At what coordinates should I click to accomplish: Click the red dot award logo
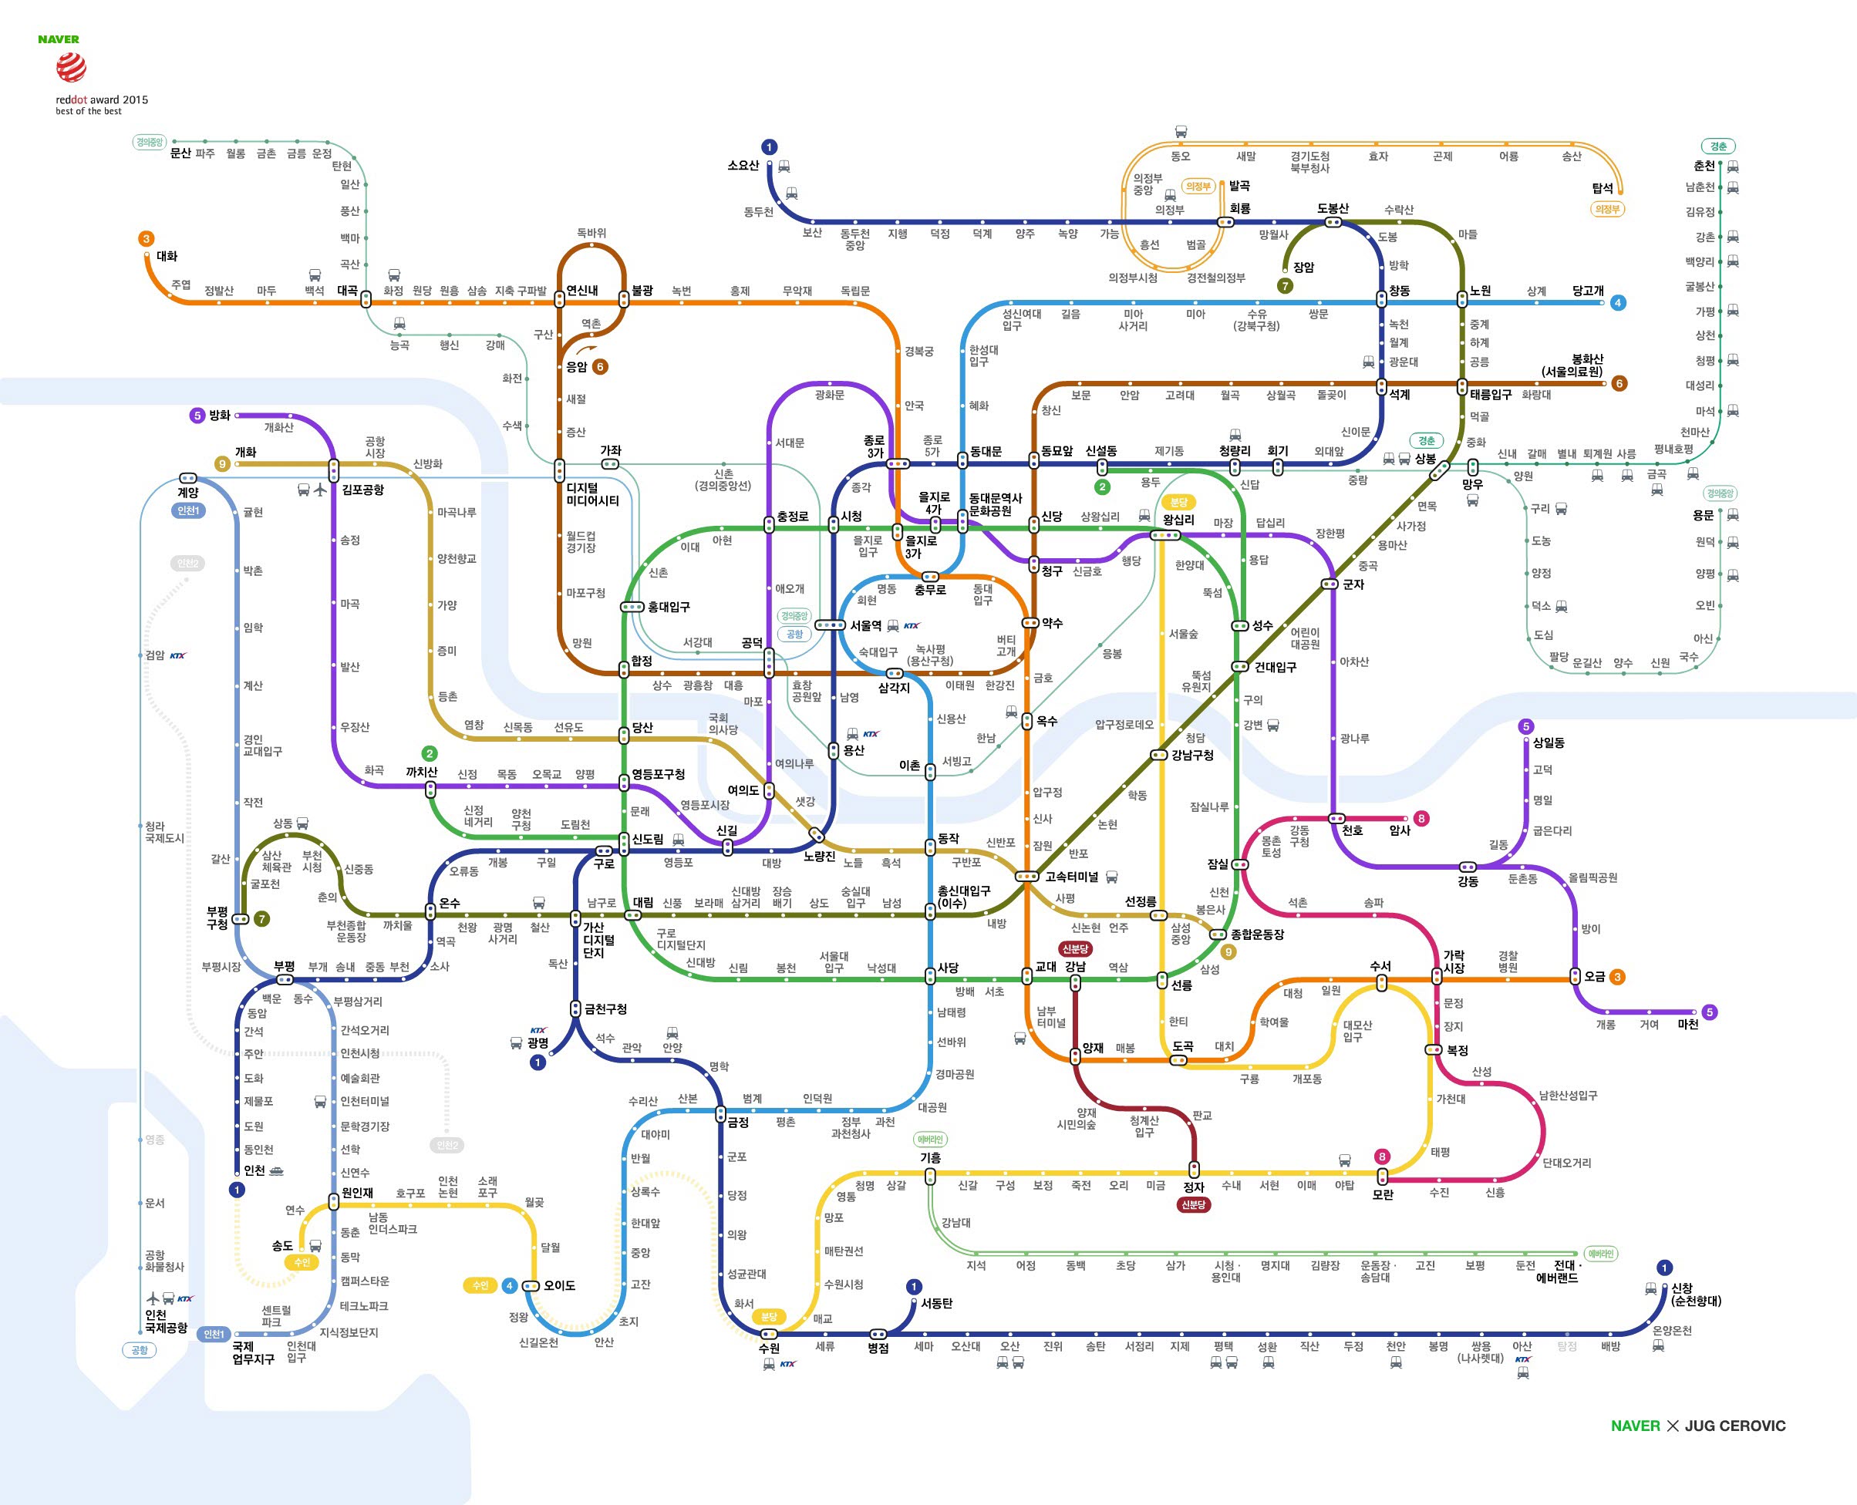[x=71, y=67]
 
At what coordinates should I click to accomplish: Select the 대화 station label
[x=167, y=257]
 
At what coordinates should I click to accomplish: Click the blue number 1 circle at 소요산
[x=769, y=147]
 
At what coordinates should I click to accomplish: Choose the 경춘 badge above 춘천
[x=1718, y=146]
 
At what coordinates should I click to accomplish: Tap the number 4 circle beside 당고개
[x=1618, y=302]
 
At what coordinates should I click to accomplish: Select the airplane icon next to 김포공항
[x=320, y=490]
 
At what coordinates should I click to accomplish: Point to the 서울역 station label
[x=865, y=625]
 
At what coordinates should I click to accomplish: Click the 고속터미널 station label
[x=1071, y=877]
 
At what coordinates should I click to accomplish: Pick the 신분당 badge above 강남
[x=1075, y=949]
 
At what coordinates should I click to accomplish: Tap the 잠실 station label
[x=1218, y=864]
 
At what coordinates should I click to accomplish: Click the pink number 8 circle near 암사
[x=1421, y=818]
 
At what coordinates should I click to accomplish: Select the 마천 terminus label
[x=1688, y=1025]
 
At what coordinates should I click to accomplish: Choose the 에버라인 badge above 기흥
[x=930, y=1139]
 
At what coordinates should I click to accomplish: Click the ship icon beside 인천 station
[x=277, y=1170]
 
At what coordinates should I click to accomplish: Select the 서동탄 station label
[x=937, y=1304]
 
